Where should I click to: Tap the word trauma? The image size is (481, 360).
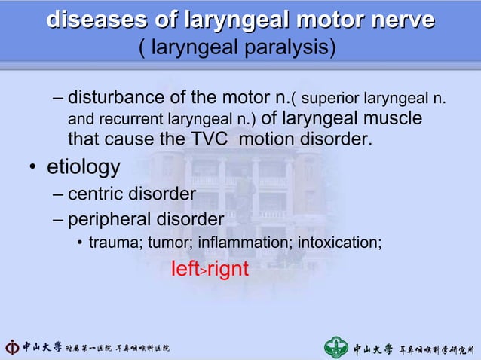110,243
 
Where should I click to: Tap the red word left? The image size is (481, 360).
184,269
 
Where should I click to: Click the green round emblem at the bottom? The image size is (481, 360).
337,348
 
